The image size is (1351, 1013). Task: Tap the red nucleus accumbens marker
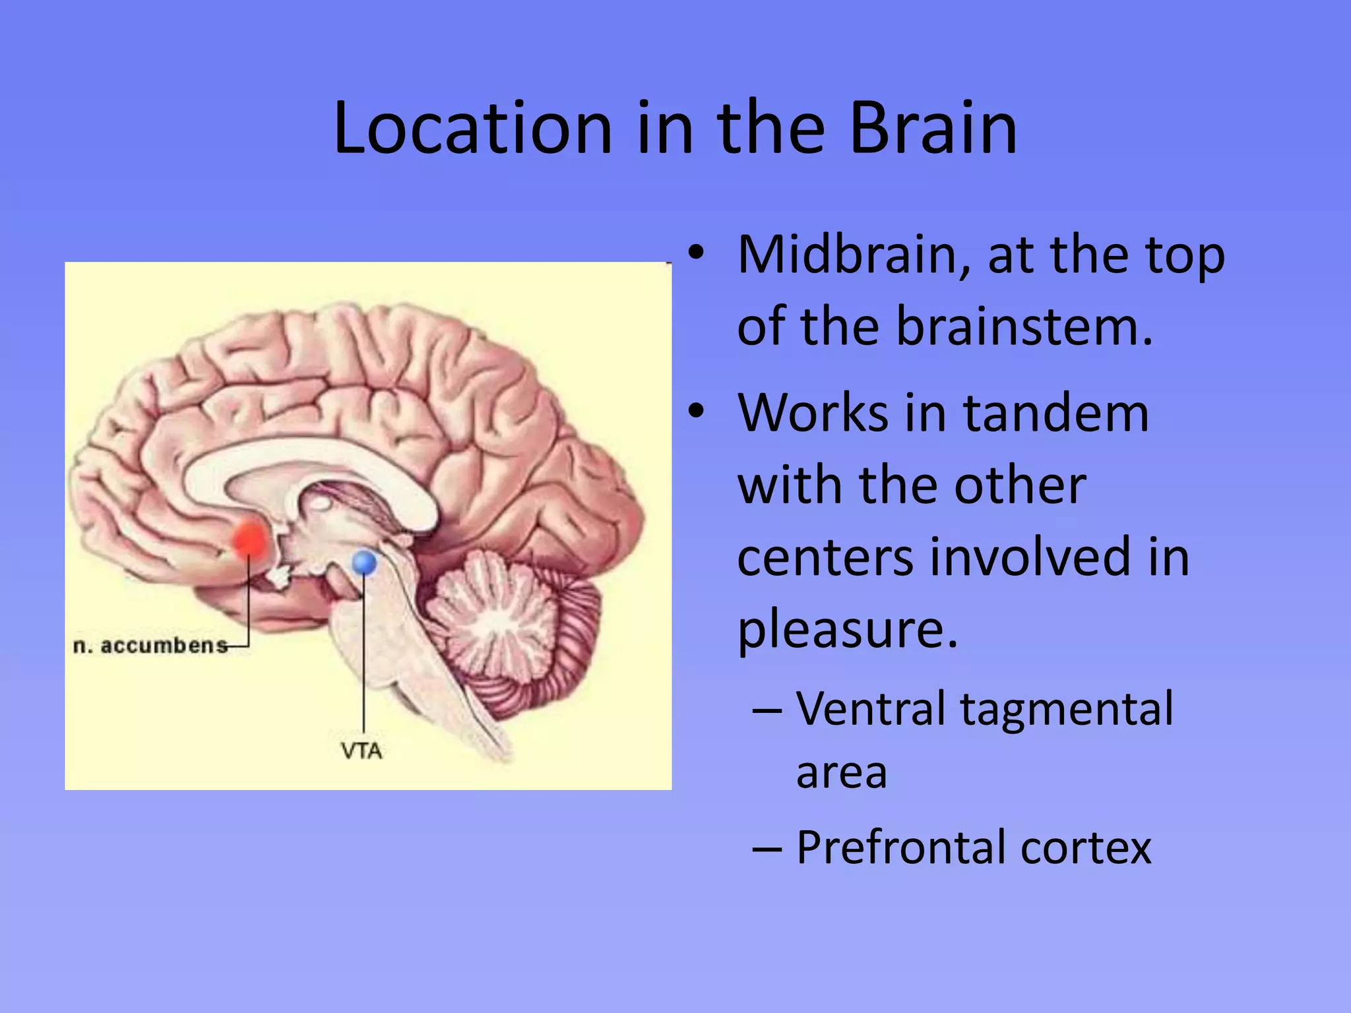[249, 539]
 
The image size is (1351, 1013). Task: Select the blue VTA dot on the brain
[364, 563]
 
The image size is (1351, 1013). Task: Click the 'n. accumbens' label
[150, 645]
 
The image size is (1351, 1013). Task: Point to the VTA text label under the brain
[361, 751]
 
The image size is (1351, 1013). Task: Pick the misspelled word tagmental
[1067, 709]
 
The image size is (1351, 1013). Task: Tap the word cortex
[1086, 847]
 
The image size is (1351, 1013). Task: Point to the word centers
[825, 557]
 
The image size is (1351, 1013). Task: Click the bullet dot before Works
[696, 413]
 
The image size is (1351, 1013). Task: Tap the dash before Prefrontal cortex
[767, 848]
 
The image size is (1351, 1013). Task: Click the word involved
[1033, 557]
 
